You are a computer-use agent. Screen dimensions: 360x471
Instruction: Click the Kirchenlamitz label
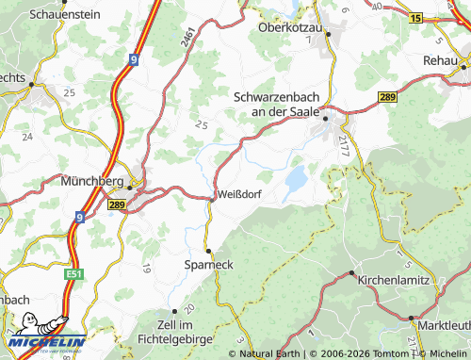(x=390, y=281)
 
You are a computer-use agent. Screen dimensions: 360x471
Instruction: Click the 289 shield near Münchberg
(x=118, y=204)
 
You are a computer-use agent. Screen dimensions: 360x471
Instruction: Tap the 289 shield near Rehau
(x=388, y=97)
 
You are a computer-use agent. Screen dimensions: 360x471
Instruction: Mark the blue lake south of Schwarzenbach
(x=296, y=177)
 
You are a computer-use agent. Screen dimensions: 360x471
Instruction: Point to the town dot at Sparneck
(x=209, y=251)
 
